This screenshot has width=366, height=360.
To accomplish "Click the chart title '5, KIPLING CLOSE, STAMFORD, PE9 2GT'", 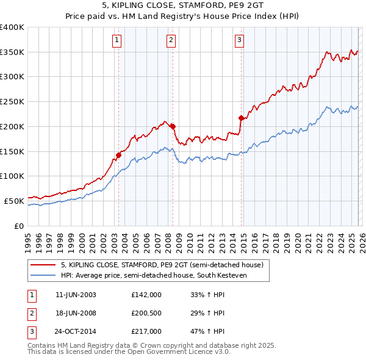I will pyautogui.click(x=182, y=5).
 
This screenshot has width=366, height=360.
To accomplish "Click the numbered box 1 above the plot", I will pyautogui.click(x=117, y=41).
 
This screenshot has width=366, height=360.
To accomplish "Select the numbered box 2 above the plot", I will pyautogui.click(x=171, y=41).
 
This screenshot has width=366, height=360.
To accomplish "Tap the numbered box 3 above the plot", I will pyautogui.click(x=240, y=41).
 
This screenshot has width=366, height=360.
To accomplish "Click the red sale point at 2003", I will pyautogui.click(x=118, y=155).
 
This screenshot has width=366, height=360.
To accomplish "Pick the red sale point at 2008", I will pyautogui.click(x=173, y=126).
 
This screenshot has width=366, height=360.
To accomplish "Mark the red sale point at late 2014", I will pyautogui.click(x=241, y=118).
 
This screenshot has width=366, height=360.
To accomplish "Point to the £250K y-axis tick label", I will pyautogui.click(x=12, y=101).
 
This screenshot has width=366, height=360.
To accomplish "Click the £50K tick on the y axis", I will pyautogui.click(x=14, y=200).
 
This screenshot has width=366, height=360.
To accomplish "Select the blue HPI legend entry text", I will pyautogui.click(x=165, y=276).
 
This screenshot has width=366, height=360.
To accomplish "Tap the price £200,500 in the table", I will pyautogui.click(x=146, y=313).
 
